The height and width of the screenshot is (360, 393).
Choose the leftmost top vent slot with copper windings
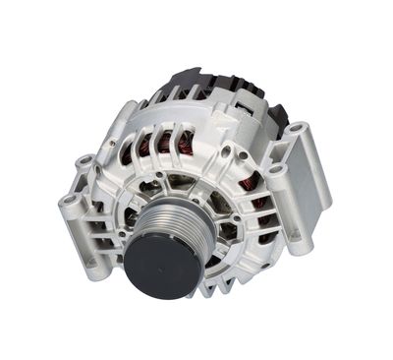click(x=131, y=148)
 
